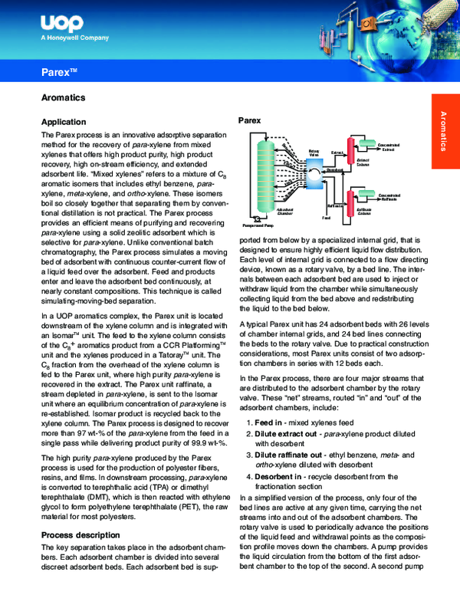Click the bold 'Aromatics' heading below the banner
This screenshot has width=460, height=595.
(63, 98)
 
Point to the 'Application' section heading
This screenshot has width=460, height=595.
(69, 122)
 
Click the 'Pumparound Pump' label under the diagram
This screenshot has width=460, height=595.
(258, 227)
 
